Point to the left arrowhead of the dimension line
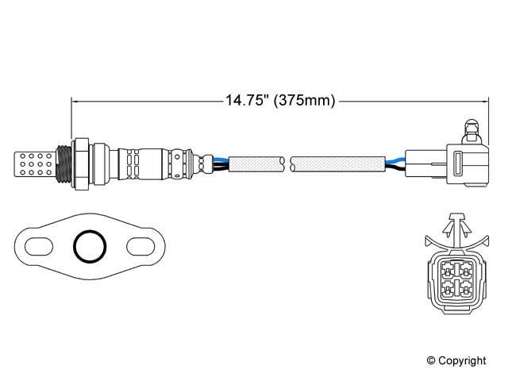point(76,101)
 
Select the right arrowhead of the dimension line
point(482,101)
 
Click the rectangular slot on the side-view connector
point(457,164)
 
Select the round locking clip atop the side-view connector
point(470,129)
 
